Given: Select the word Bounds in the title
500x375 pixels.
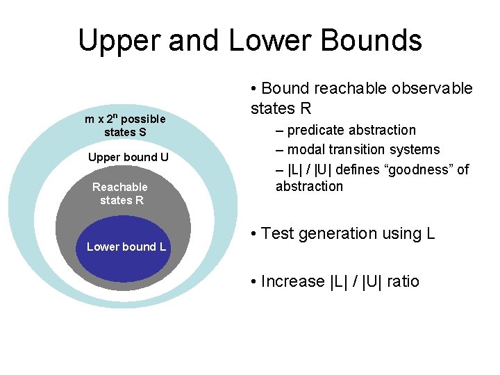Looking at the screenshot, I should pyautogui.click(x=374, y=40).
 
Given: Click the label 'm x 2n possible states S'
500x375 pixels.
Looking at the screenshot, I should pyautogui.click(x=125, y=125).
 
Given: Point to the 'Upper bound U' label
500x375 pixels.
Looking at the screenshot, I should pyautogui.click(x=128, y=157).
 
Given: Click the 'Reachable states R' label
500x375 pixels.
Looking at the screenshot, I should pyautogui.click(x=121, y=193).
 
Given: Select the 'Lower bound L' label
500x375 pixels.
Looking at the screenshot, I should pyautogui.click(x=126, y=247).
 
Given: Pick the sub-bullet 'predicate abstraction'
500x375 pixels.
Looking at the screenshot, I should pyautogui.click(x=351, y=130).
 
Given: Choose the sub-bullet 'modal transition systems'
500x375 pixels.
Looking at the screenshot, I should pyautogui.click(x=362, y=149).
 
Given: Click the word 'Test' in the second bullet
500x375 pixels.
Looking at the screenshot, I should pyautogui.click(x=278, y=233).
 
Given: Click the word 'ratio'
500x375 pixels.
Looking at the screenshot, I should pyautogui.click(x=401, y=281).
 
